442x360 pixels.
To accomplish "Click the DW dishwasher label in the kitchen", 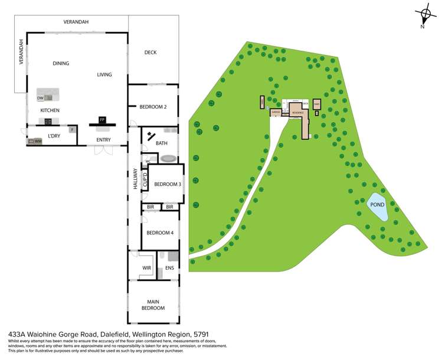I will click(x=40, y=98).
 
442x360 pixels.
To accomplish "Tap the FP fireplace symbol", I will click(x=102, y=120).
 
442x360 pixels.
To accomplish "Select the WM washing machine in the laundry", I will click(x=35, y=142).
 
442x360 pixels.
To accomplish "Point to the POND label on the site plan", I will click(x=376, y=205).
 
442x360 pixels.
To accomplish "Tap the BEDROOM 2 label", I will click(x=152, y=107).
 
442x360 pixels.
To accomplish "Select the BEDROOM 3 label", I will click(x=167, y=184).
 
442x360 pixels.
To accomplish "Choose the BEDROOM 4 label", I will click(x=160, y=232).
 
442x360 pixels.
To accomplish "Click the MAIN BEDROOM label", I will click(x=153, y=305).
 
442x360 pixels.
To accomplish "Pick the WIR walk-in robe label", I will click(x=147, y=268).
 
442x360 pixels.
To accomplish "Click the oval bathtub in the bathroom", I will click(x=168, y=159).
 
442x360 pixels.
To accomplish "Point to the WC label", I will click(x=148, y=161).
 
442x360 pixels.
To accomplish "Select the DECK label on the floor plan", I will click(x=151, y=53).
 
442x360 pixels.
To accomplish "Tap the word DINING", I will click(x=61, y=63).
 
